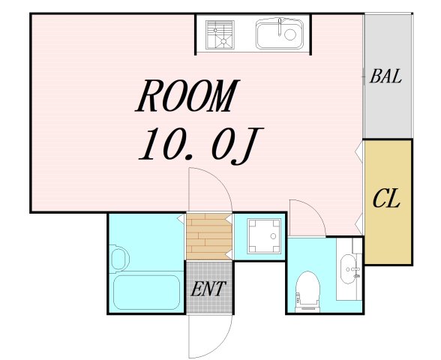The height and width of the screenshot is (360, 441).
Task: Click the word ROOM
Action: coord(187,95)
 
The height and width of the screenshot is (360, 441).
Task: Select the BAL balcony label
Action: coord(386,76)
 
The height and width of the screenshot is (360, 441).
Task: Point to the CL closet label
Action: coord(387,199)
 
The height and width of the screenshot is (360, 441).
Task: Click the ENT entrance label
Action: coord(207,289)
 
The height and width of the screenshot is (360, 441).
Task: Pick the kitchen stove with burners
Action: coord(221,34)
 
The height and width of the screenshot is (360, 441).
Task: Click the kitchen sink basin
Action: coord(279,34)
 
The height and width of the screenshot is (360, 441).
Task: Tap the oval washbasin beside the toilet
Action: coord(349,268)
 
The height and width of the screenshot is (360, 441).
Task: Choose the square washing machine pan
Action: coord(259,236)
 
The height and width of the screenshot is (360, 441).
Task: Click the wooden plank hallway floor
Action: coord(208,236)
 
